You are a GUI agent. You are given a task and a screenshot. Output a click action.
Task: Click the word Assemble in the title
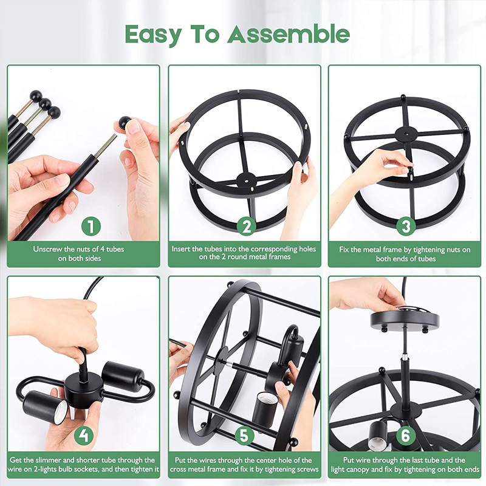[289, 34]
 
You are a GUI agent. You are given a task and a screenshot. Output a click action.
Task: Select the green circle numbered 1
[91, 226]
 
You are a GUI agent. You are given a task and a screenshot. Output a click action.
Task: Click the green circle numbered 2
[247, 226]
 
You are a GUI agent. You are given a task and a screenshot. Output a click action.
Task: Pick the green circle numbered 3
[406, 226]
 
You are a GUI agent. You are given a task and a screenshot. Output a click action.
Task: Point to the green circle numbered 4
[84, 436]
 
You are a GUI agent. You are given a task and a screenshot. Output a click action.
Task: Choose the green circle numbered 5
[244, 435]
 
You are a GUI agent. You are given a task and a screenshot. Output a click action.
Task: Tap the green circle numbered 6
[405, 435]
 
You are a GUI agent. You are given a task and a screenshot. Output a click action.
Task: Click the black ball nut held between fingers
[125, 123]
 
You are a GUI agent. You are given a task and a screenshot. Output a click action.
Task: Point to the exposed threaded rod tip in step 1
[105, 146]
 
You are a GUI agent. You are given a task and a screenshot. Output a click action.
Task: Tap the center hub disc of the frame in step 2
[247, 180]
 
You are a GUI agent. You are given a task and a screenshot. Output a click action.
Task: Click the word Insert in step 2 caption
[181, 249]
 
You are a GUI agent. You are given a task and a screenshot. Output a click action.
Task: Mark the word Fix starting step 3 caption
[344, 250]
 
